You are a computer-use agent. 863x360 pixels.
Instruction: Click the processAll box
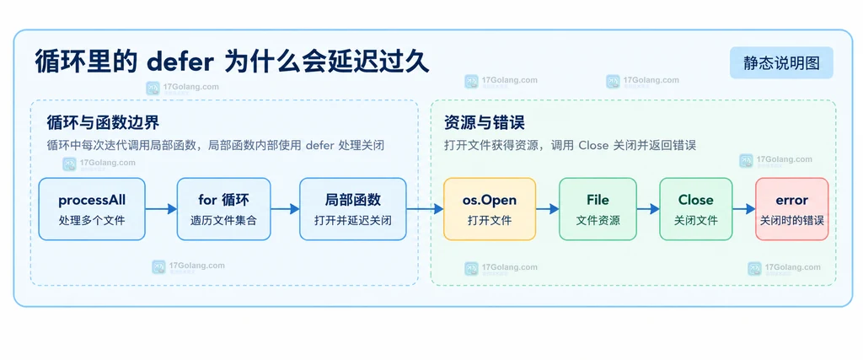coord(92,208)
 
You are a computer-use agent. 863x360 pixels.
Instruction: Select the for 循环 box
coord(223,208)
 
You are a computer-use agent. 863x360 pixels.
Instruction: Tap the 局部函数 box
coord(353,208)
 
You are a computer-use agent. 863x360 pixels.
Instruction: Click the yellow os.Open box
coord(490,208)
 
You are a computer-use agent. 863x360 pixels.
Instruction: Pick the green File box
coord(598,208)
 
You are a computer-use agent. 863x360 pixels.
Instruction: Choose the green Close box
coord(695,208)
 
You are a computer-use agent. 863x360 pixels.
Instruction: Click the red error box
coord(791,208)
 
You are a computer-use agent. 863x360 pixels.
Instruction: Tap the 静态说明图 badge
coord(781,62)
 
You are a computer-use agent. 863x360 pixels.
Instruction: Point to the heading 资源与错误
coord(485,122)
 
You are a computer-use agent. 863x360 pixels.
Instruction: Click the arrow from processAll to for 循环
coord(161,208)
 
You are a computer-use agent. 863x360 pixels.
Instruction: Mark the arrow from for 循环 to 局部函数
coord(285,208)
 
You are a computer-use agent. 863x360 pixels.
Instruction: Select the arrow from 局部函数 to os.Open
coord(425,208)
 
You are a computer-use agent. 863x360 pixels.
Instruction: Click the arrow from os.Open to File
coord(547,208)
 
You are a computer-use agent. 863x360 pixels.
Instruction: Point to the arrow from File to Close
coord(648,208)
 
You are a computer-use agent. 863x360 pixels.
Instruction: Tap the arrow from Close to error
coord(743,208)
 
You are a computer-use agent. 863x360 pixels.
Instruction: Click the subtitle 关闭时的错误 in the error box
coord(791,220)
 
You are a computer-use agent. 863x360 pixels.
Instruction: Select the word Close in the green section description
coord(593,146)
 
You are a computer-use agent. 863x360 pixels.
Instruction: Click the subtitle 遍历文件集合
coord(223,220)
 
